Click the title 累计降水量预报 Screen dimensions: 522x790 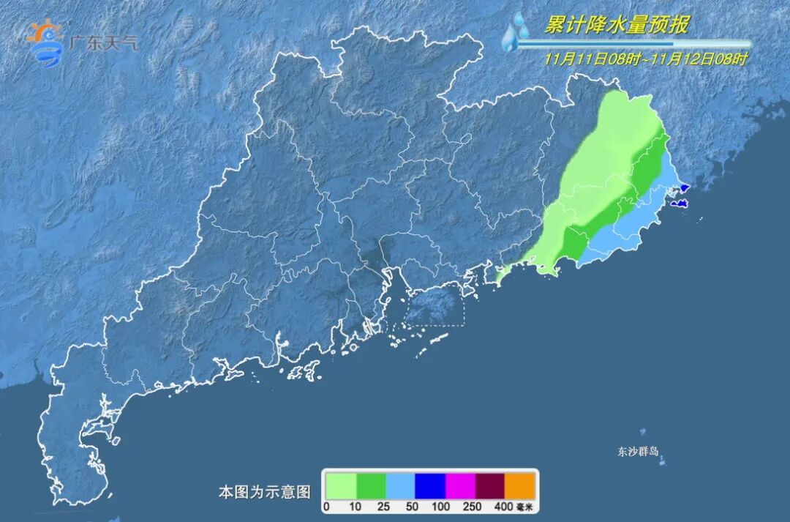point(617,26)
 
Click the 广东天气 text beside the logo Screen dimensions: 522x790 point(102,42)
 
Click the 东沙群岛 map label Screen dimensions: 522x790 point(638,451)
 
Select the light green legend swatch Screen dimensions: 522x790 point(341,485)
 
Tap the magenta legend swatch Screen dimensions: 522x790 point(460,485)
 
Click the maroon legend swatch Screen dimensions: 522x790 point(490,485)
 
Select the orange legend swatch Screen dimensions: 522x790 point(520,485)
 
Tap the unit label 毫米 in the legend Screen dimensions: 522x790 point(524,507)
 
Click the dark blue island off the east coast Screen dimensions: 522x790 point(679,204)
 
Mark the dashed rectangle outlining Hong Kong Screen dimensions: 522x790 point(435,306)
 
